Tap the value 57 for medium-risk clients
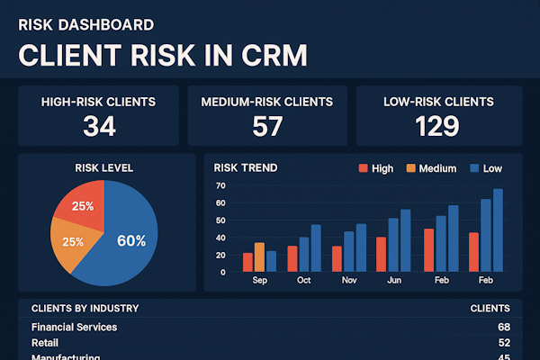[x=267, y=127]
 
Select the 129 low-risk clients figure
[x=438, y=127]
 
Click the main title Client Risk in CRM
[x=163, y=55]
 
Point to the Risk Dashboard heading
[x=85, y=25]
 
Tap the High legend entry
[x=375, y=168]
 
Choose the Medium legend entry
[x=431, y=168]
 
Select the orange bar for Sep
[x=259, y=256]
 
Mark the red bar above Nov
[x=337, y=258]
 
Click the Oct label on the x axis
[x=303, y=281]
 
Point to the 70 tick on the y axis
[x=220, y=186]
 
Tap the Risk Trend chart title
[x=246, y=167]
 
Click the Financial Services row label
[x=74, y=327]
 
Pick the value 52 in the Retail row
[x=503, y=343]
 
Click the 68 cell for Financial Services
[x=503, y=327]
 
